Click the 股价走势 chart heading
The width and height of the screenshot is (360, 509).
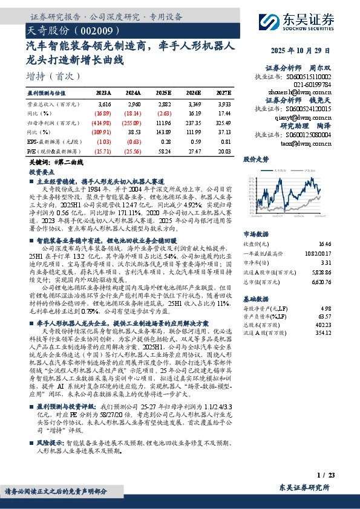point(255,160)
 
